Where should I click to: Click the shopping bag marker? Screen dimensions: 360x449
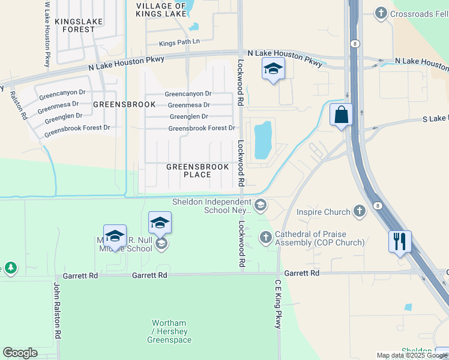(341, 115)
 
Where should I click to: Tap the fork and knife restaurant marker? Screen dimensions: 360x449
(400, 242)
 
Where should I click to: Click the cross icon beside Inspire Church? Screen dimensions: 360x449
(359, 211)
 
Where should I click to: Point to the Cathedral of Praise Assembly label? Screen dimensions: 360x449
(319, 239)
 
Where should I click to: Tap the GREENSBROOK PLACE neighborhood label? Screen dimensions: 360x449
(197, 170)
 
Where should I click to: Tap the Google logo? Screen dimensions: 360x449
(20, 353)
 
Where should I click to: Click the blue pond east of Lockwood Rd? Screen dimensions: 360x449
(263, 140)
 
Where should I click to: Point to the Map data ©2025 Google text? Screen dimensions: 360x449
(412, 355)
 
